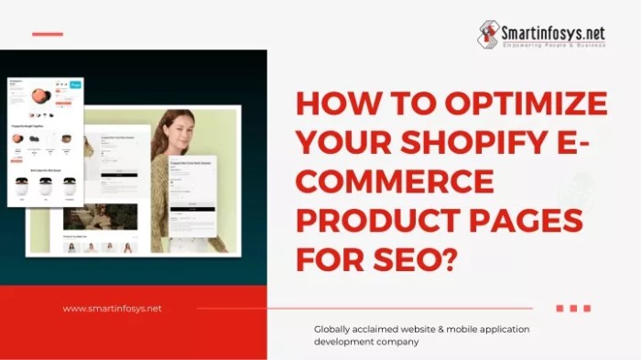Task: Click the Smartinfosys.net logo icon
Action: tap(488, 34)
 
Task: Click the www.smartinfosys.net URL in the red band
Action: tap(112, 309)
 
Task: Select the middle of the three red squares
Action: tap(573, 309)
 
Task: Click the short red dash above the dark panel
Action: tap(48, 34)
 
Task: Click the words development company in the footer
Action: tap(366, 342)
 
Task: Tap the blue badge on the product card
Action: tap(75, 85)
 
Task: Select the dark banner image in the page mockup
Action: tap(100, 216)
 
